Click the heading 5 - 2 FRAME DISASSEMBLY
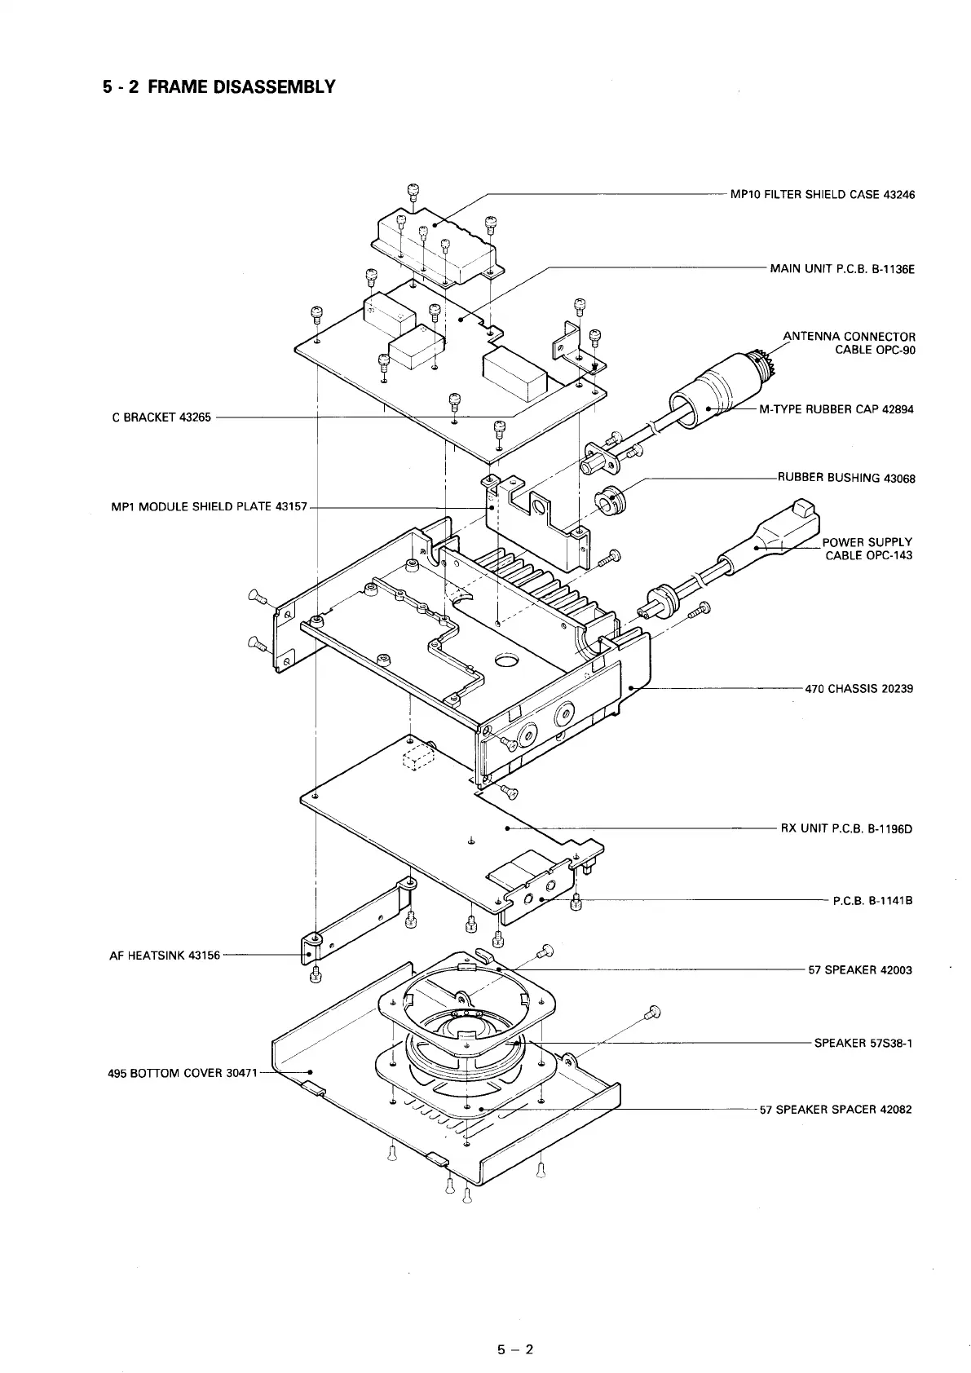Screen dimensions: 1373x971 tap(218, 86)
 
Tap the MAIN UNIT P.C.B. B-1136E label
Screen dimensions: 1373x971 tap(842, 268)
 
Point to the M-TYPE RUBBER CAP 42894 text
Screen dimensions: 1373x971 tap(836, 409)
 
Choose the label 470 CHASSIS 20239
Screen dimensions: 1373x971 tap(859, 688)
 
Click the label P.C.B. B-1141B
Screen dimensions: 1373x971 tap(872, 901)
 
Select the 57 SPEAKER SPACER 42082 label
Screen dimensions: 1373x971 tap(836, 1110)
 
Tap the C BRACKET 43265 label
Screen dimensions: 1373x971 tap(161, 417)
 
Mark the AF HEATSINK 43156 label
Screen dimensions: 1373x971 tap(165, 956)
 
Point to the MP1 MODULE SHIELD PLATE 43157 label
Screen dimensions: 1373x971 tap(209, 506)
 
